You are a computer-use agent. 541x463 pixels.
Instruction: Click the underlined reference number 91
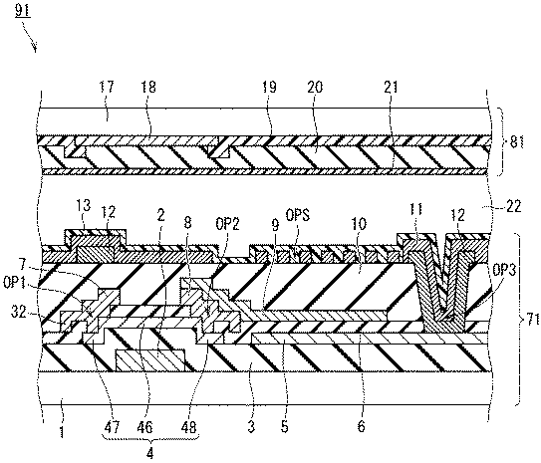(x=23, y=11)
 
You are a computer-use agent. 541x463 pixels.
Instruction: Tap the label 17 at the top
(x=107, y=87)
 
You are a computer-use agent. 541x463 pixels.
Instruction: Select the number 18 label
(x=148, y=87)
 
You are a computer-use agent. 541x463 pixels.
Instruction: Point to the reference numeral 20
(x=315, y=87)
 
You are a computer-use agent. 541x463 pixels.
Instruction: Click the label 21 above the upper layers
(x=391, y=87)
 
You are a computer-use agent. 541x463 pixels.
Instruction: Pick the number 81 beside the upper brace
(x=517, y=142)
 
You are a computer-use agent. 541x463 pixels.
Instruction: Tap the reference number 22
(x=513, y=207)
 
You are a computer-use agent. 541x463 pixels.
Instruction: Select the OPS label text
(x=298, y=216)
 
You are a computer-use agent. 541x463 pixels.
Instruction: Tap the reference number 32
(x=18, y=314)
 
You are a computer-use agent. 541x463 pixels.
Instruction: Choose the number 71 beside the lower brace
(x=533, y=321)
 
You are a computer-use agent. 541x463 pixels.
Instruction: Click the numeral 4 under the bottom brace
(x=150, y=453)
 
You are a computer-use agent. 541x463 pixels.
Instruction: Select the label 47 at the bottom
(x=112, y=427)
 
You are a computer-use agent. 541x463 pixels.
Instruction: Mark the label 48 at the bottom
(x=188, y=427)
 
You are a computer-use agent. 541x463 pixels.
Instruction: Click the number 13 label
(x=83, y=205)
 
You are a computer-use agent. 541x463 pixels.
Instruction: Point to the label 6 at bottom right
(x=361, y=427)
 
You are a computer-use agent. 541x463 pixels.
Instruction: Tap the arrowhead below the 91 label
(x=34, y=48)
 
